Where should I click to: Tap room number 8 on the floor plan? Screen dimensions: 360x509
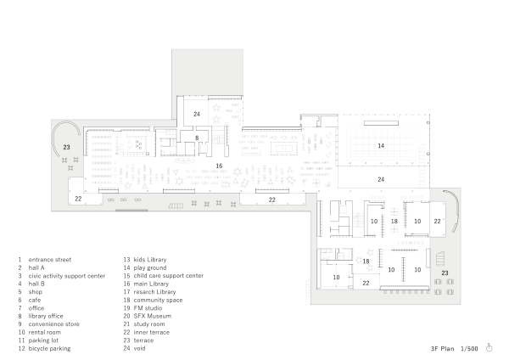pyautogui.click(x=196, y=137)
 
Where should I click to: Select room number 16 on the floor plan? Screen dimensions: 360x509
pyautogui.click(x=218, y=166)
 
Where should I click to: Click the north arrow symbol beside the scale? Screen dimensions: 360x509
pyautogui.click(x=489, y=347)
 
